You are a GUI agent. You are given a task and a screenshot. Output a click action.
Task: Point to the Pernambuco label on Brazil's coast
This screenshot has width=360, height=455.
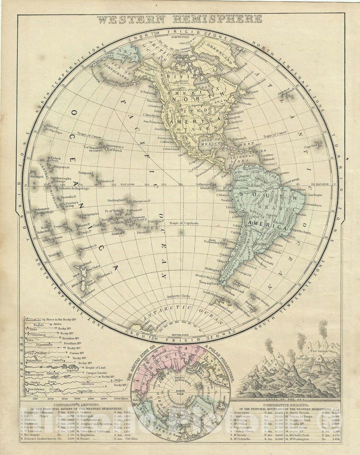312,204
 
